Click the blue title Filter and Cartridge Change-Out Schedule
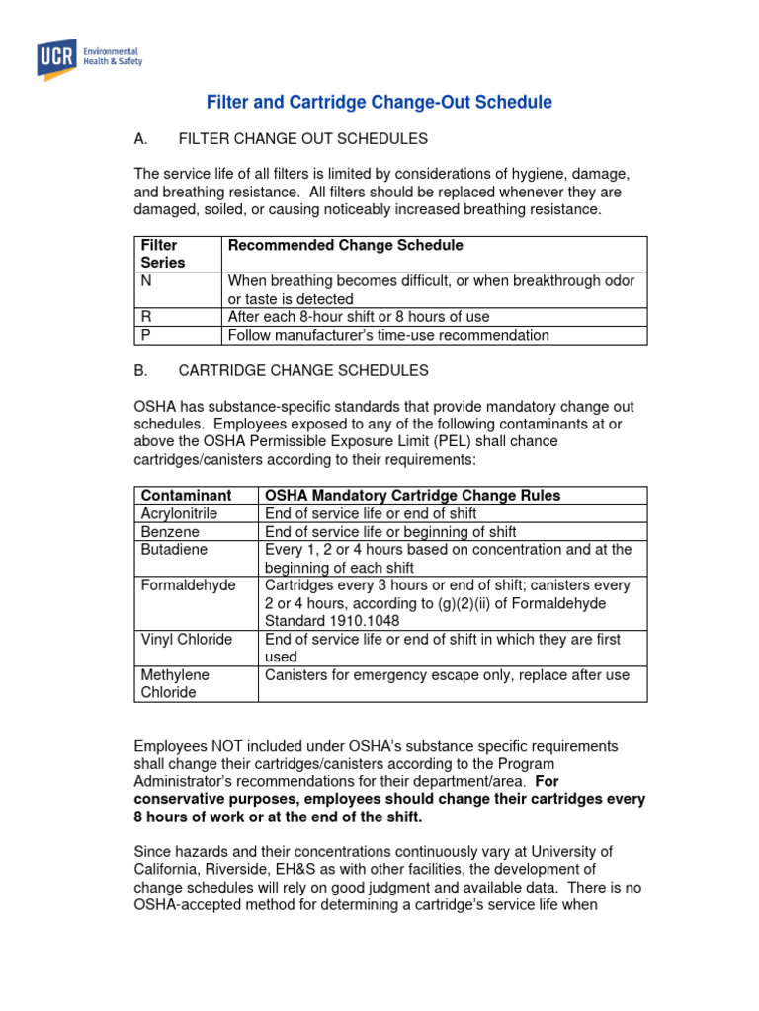click(x=379, y=103)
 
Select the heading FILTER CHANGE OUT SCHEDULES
click(x=302, y=138)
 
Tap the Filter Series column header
click(x=162, y=254)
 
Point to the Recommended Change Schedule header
click(x=345, y=245)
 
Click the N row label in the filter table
click(x=146, y=281)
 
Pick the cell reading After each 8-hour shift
click(x=359, y=317)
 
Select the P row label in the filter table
click(x=145, y=335)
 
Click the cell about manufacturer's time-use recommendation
click(x=388, y=335)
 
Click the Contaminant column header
click(x=187, y=495)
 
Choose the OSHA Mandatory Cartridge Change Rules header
click(x=412, y=495)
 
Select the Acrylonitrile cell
click(x=180, y=513)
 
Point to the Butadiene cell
click(x=173, y=549)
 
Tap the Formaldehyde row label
click(x=189, y=585)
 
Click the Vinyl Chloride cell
click(x=187, y=639)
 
